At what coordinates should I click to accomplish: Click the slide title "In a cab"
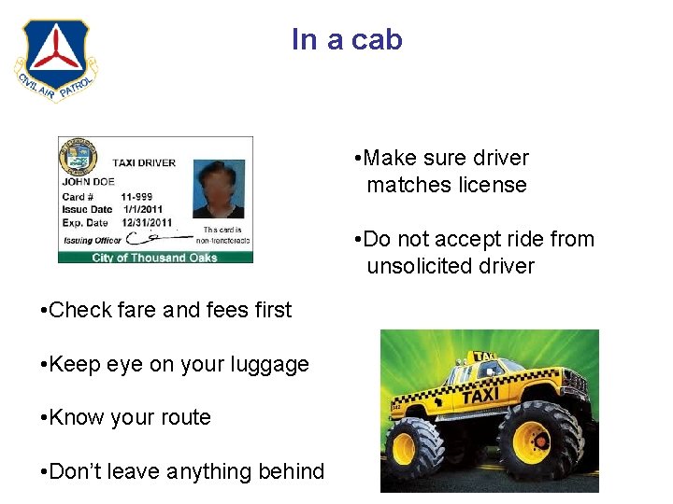click(x=347, y=40)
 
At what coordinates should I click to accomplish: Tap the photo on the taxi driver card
click(x=218, y=189)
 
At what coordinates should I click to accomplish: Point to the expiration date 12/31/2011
click(x=146, y=223)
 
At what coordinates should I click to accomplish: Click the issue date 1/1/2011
click(x=138, y=210)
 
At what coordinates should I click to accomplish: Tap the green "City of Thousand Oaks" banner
click(x=154, y=258)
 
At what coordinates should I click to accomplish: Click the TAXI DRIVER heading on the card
click(x=144, y=162)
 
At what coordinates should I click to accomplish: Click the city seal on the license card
click(x=78, y=156)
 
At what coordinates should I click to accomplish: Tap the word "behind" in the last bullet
click(x=290, y=471)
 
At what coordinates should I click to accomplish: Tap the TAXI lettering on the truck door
click(x=480, y=396)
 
